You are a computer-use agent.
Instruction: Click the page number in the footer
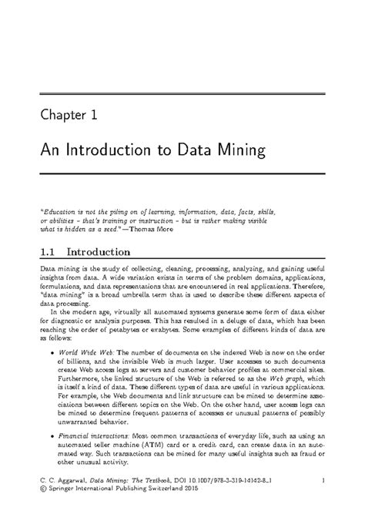[x=326, y=481]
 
